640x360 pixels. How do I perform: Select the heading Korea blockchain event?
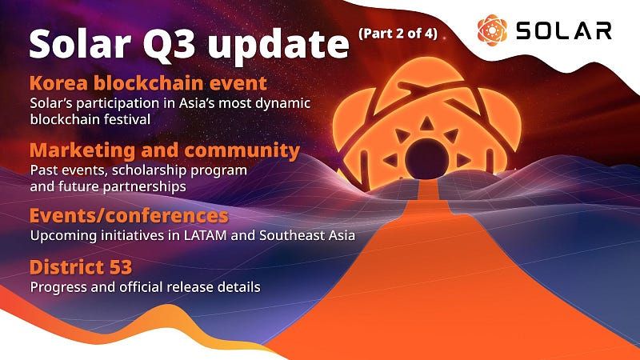(147, 84)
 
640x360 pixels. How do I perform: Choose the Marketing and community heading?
(165, 150)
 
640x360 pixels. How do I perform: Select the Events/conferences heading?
(129, 217)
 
